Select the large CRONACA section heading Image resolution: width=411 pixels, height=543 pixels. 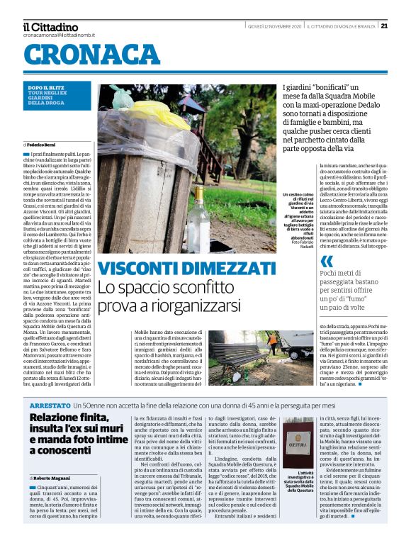pos(92,53)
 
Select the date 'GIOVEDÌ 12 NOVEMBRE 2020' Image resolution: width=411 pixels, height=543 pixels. pos(274,26)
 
